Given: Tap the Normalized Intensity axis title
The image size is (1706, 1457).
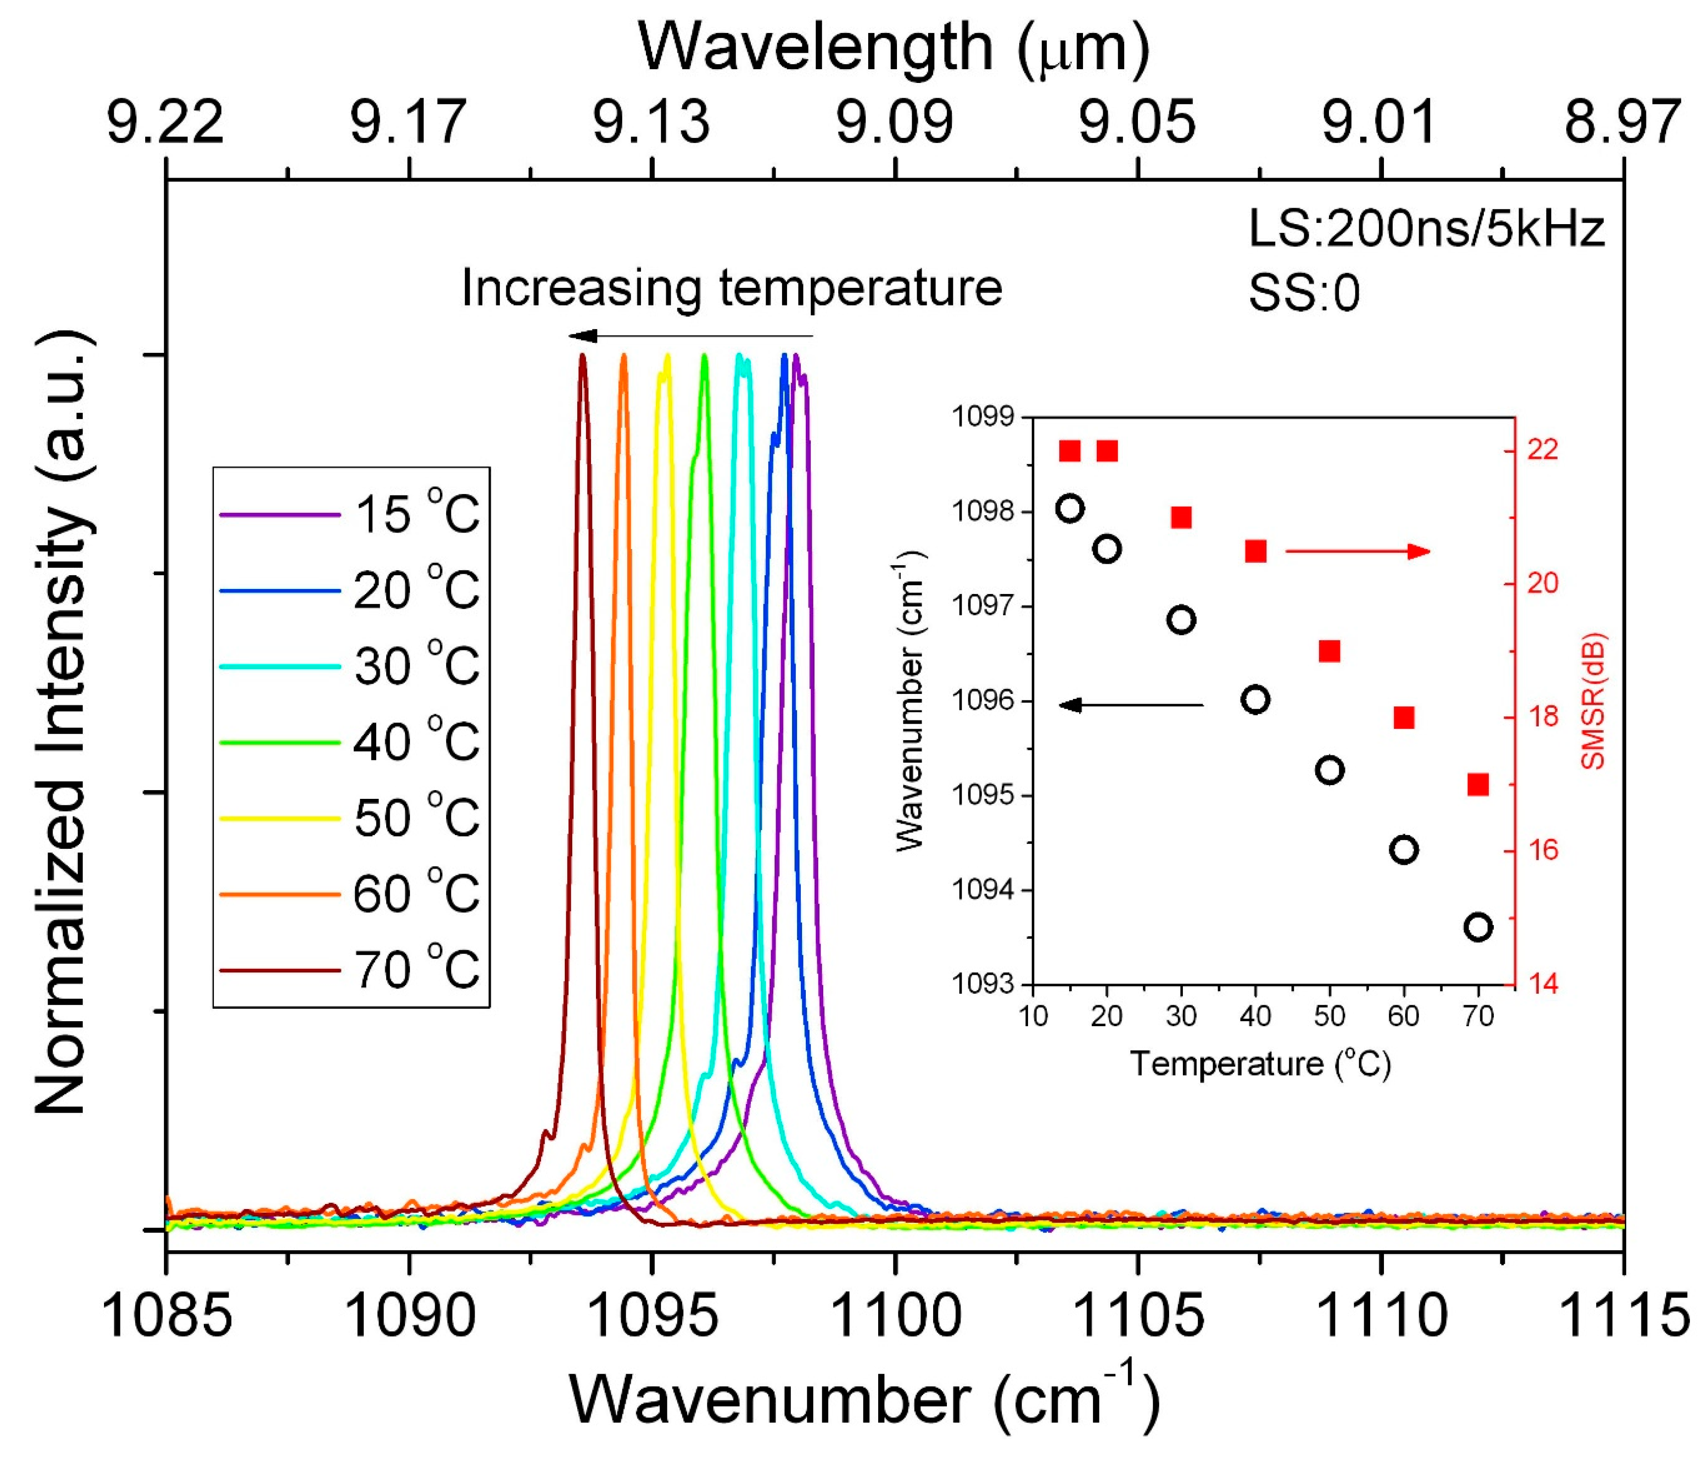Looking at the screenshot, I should tap(62, 724).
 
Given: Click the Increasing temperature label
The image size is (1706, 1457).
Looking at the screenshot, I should tap(731, 288).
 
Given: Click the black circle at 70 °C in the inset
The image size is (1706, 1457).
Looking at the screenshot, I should tap(1479, 927).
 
